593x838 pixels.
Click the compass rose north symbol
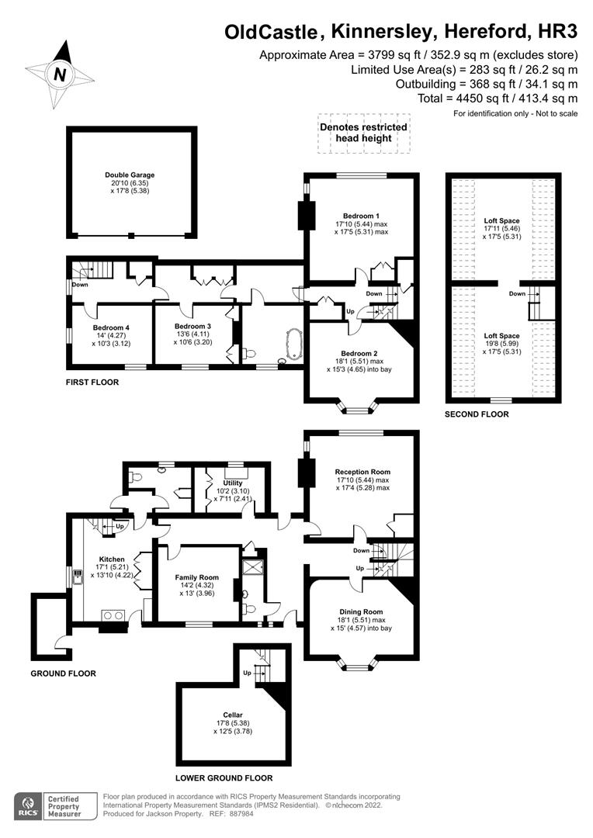pyautogui.click(x=60, y=74)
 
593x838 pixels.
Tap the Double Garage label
pyautogui.click(x=130, y=175)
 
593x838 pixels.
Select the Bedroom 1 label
pyautogui.click(x=361, y=215)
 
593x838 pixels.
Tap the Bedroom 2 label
pyautogui.click(x=362, y=353)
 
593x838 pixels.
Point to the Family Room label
pyautogui.click(x=196, y=577)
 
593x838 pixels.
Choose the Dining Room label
pyautogui.click(x=362, y=611)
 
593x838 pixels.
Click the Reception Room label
pyautogui.click(x=362, y=472)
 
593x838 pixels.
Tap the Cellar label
pyautogui.click(x=233, y=715)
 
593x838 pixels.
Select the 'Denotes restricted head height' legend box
pyautogui.click(x=362, y=133)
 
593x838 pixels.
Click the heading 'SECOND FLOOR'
pyautogui.click(x=477, y=414)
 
